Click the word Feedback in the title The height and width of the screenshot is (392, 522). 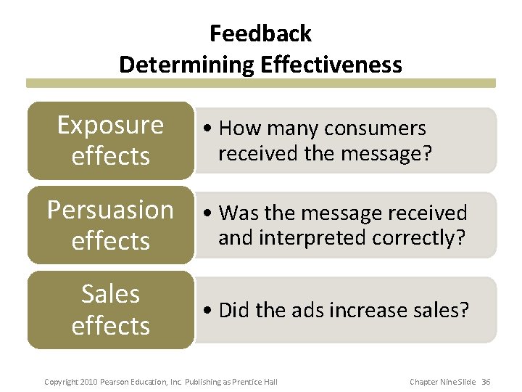pos(260,33)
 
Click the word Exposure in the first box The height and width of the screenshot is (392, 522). pos(110,125)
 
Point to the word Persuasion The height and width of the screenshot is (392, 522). pos(110,210)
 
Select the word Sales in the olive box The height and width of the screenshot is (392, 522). pos(110,294)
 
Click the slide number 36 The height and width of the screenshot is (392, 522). pos(486,382)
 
